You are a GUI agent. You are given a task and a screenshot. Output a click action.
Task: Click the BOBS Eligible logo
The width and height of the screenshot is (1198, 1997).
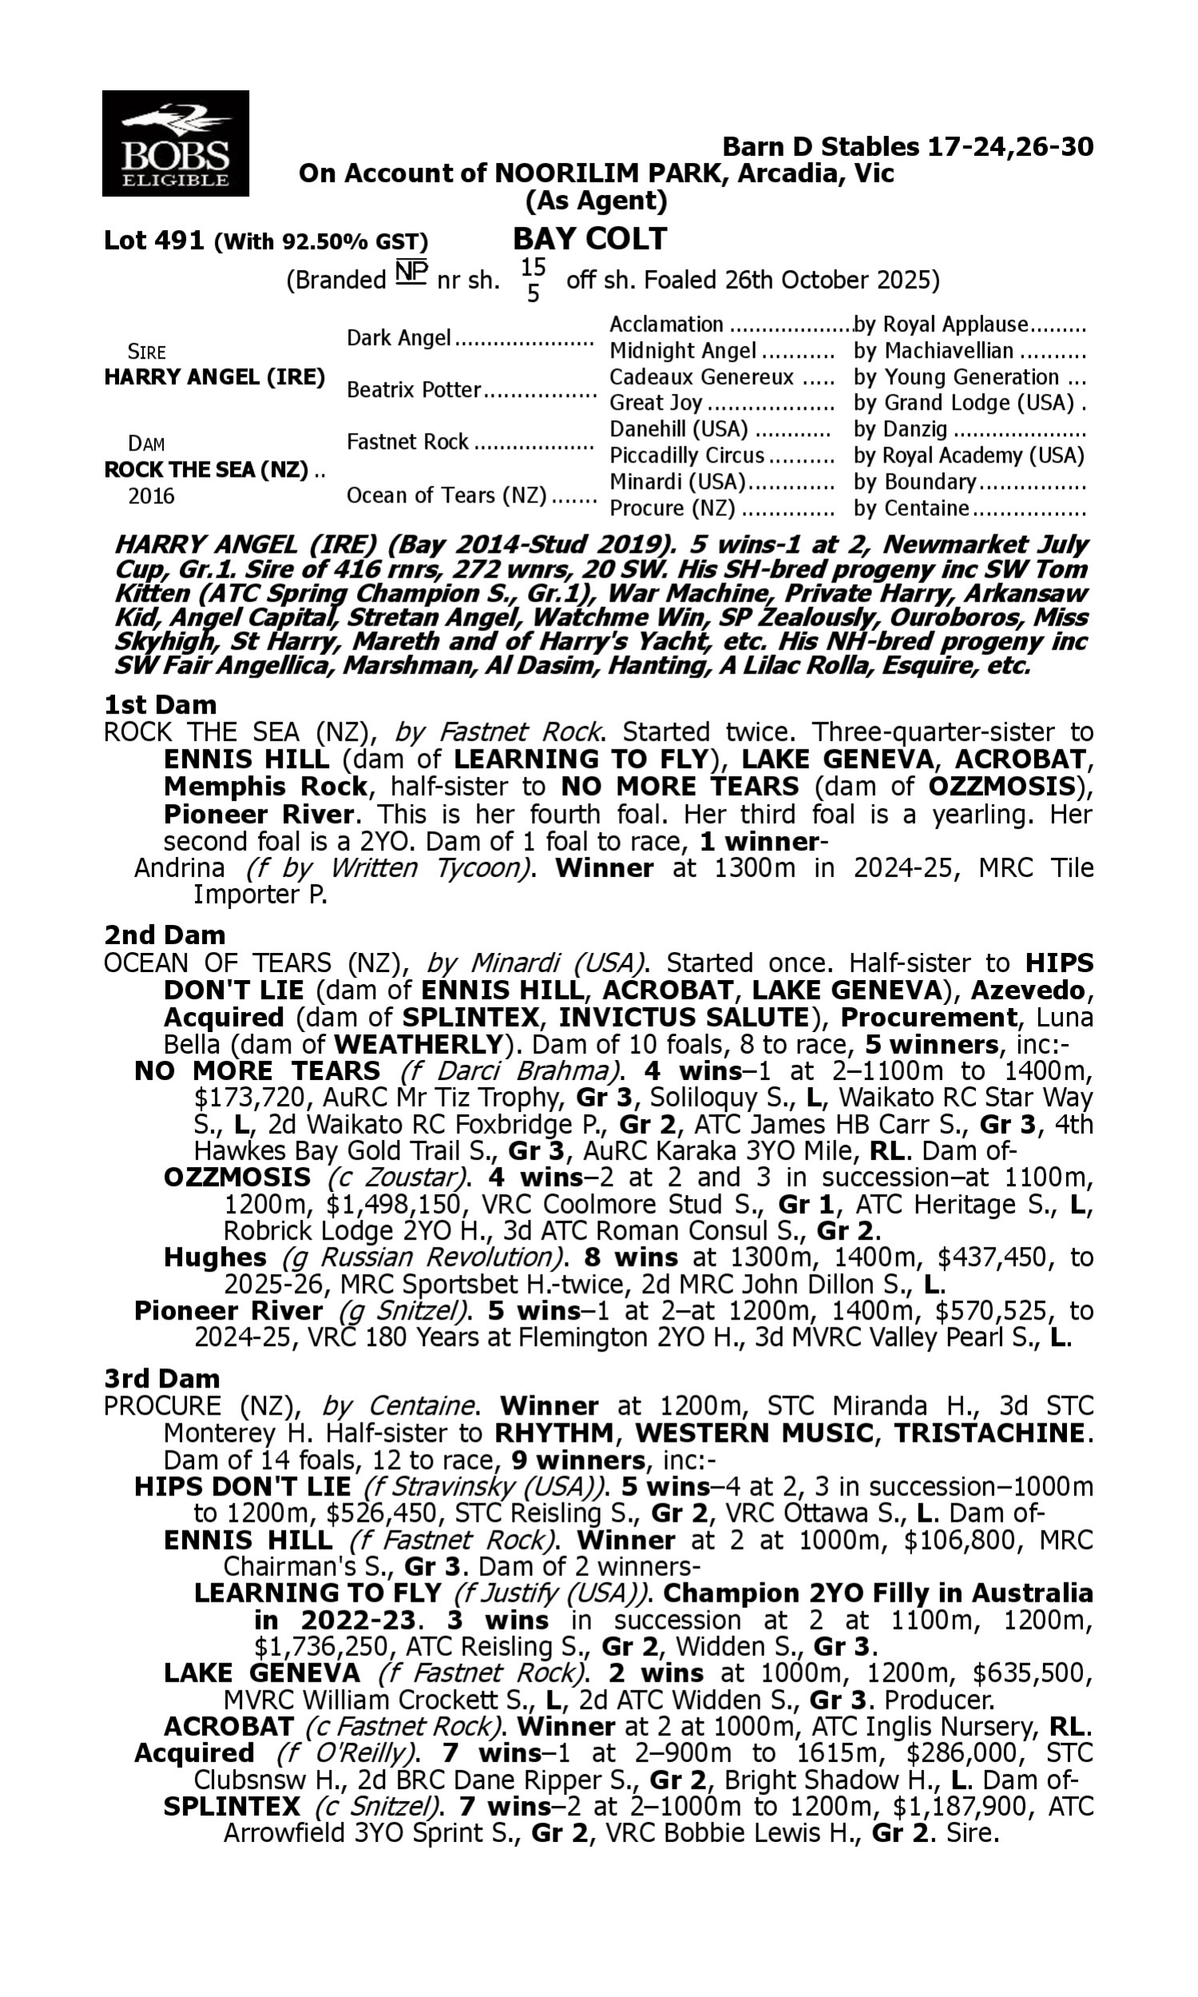[x=175, y=144]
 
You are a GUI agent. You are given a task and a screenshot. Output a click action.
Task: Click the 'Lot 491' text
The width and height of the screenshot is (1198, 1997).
[x=153, y=240]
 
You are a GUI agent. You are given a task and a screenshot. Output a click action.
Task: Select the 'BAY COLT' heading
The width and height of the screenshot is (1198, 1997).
[x=590, y=239]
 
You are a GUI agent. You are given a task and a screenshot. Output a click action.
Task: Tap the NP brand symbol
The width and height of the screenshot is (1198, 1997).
[x=411, y=272]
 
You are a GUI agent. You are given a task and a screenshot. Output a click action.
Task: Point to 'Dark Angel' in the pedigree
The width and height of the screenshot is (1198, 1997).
[x=398, y=337]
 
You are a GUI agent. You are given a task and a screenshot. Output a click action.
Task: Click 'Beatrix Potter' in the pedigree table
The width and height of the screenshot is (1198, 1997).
[x=414, y=390]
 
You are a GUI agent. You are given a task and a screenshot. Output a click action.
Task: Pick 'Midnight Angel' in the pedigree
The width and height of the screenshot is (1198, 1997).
[x=682, y=351]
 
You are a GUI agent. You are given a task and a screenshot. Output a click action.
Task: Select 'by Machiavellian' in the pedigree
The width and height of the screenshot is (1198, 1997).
[x=933, y=351]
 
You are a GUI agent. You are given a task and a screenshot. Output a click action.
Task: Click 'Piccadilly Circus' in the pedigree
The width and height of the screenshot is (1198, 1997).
[x=686, y=455]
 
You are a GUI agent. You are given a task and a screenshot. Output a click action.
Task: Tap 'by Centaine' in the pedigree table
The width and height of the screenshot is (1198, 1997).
[x=910, y=508]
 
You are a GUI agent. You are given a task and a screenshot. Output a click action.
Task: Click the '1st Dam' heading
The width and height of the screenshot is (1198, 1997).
[x=160, y=705]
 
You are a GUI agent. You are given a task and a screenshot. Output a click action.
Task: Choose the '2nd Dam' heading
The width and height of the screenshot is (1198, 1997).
[x=164, y=935]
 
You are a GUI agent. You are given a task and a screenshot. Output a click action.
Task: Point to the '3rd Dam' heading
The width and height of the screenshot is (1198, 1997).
[x=161, y=1378]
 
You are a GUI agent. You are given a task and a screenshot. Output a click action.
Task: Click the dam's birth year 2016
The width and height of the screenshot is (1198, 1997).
[x=151, y=495]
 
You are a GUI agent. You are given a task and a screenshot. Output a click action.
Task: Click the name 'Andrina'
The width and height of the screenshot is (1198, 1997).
[x=179, y=867]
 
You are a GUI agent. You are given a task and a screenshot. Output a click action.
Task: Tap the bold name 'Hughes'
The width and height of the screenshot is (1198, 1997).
[x=215, y=1257]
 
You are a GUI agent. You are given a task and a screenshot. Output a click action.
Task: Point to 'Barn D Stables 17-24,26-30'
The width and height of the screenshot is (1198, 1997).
[x=907, y=147]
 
